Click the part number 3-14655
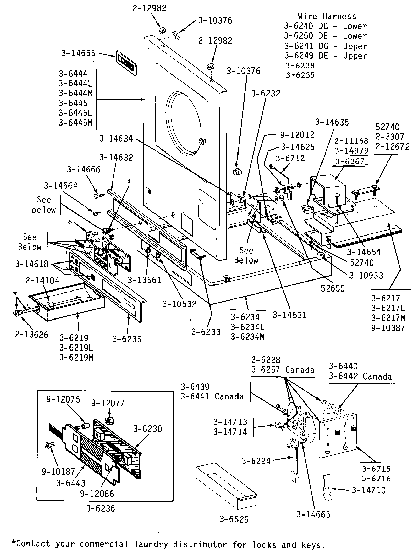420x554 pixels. coord(79,53)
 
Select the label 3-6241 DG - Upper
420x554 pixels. coord(326,46)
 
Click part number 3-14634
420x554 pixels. coord(116,139)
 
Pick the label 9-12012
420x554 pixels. coord(297,135)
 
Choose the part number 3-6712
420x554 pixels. coord(290,158)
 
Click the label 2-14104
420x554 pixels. coord(43,280)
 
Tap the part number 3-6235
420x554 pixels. coord(127,339)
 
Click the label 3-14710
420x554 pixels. coord(368,490)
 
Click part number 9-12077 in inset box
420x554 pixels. coord(108,403)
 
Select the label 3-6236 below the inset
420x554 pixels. coord(101,508)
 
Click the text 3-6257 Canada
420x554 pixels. coord(283,370)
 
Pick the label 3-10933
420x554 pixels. coord(366,275)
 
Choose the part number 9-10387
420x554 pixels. coord(388,327)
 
